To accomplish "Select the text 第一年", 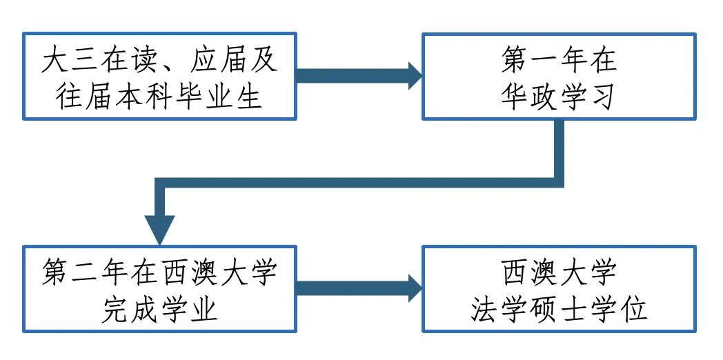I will (544, 61).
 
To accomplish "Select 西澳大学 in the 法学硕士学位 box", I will (559, 272).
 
